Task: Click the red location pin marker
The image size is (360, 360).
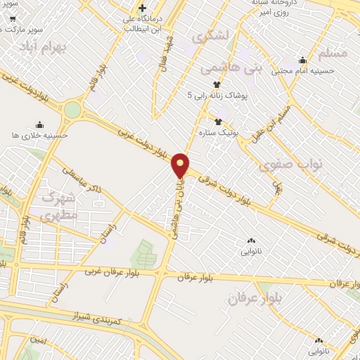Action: [x=181, y=165]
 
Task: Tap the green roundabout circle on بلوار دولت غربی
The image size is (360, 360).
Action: [x=72, y=110]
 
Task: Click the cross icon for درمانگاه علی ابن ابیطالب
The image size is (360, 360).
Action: [x=141, y=8]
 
